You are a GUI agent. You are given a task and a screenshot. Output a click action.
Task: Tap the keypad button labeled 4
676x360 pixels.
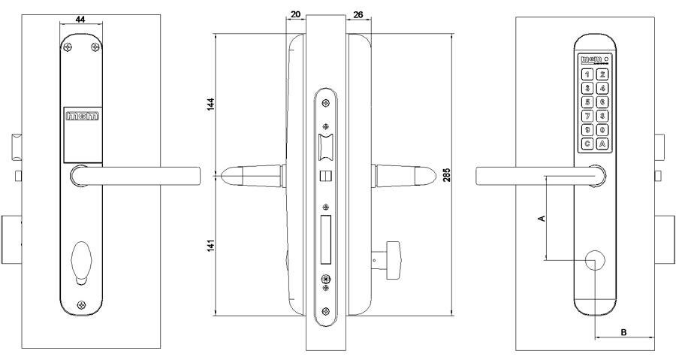tap(602, 88)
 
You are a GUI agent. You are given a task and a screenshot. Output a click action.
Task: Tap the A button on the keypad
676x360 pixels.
tap(602, 143)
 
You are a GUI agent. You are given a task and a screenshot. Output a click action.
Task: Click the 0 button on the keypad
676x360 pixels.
tap(602, 129)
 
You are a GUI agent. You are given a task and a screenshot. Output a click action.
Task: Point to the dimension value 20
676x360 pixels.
tap(295, 14)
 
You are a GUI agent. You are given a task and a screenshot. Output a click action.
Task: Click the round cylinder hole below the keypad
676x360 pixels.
tap(595, 260)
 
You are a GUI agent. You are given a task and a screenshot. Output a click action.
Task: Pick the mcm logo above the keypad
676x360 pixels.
tap(592, 59)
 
